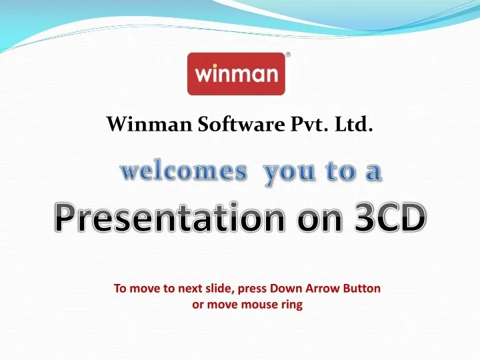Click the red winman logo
pos(236,73)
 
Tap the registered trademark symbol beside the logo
pos(288,55)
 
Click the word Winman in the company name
pos(139,125)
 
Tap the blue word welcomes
pos(183,172)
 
